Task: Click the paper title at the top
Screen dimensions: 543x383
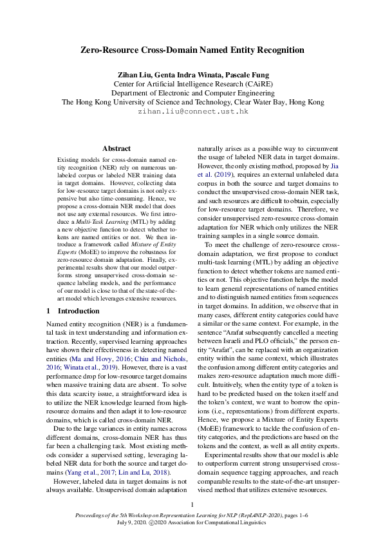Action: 192,50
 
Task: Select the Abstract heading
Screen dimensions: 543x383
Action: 117,148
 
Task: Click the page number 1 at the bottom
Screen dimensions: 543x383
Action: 192,504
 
